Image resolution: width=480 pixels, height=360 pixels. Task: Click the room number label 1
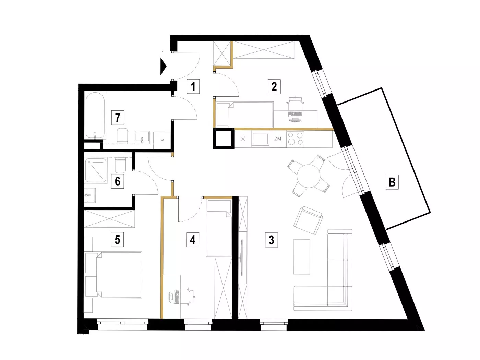193,86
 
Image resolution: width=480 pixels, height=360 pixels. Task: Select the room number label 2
274,86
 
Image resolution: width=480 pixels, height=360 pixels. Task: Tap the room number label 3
272,240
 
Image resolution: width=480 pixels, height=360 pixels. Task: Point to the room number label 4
193,240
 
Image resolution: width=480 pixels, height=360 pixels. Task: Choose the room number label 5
118,239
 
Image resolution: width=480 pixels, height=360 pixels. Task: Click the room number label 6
118,181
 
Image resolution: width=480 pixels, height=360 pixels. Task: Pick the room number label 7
118,118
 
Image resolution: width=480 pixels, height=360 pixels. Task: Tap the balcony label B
392,182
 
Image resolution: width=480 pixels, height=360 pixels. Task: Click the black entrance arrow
163,66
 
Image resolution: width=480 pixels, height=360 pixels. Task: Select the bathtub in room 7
95,116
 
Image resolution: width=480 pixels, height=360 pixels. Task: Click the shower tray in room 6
96,170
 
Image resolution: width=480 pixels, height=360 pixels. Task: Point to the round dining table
309,176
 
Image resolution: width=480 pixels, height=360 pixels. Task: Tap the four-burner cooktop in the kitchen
295,139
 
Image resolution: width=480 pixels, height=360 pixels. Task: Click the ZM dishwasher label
278,139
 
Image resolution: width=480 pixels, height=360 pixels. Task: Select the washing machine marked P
162,140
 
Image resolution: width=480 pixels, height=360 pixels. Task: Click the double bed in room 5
113,275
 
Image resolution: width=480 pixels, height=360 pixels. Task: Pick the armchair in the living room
308,220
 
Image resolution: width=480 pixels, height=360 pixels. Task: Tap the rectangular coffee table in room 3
302,256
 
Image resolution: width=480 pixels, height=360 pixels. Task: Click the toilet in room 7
122,135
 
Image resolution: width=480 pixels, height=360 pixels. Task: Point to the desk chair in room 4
189,297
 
